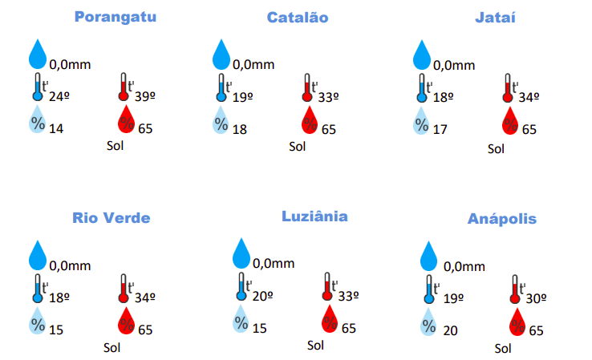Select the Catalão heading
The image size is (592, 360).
[297, 18]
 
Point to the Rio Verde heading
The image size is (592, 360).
[111, 217]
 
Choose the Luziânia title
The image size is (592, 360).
[314, 216]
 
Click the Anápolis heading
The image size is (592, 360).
[503, 218]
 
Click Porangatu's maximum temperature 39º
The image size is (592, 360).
[145, 96]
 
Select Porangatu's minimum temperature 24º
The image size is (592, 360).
[59, 96]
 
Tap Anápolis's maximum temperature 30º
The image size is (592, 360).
[537, 297]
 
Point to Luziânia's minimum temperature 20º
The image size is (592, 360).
[262, 295]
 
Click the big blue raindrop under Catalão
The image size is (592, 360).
[221, 55]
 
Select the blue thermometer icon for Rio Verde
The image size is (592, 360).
[37, 288]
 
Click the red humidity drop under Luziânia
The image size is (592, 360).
[329, 319]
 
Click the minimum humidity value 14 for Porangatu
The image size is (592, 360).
[56, 128]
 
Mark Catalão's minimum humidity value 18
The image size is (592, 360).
[239, 129]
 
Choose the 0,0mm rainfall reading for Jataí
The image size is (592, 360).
[454, 66]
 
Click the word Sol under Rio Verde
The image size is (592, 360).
[112, 348]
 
